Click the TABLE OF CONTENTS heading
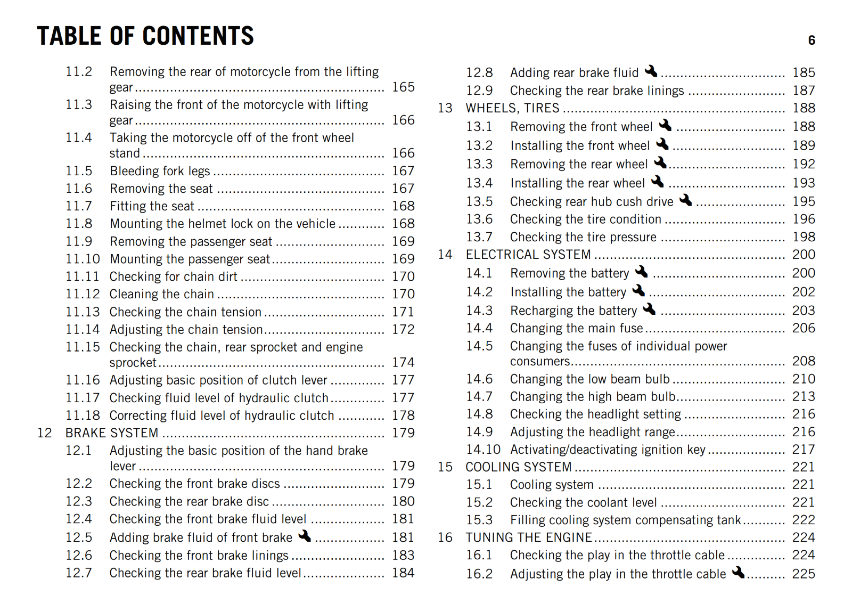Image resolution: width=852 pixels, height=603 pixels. [x=145, y=36]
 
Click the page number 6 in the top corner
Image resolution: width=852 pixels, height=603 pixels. [x=811, y=40]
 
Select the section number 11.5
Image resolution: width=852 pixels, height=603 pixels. [x=79, y=171]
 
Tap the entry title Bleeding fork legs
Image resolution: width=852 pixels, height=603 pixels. [x=160, y=171]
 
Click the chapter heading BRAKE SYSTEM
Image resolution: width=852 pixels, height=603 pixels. [x=112, y=433]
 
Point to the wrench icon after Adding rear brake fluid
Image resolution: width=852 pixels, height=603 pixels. [x=651, y=71]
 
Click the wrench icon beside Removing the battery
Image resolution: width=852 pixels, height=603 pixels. [x=642, y=272]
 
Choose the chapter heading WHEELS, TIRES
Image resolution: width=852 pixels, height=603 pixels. [x=512, y=108]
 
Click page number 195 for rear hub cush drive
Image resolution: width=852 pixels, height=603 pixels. [x=804, y=202]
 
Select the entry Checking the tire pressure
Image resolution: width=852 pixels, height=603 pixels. [x=583, y=237]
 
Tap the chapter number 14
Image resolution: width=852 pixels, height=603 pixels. [x=445, y=255]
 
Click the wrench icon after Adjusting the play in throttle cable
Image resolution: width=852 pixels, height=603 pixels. [x=738, y=573]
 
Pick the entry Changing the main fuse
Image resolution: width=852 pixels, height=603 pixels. [x=576, y=328]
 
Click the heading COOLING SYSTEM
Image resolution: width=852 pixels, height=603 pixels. [x=518, y=467]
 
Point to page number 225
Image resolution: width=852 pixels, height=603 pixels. [x=804, y=574]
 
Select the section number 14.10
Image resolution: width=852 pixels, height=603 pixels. [x=483, y=450]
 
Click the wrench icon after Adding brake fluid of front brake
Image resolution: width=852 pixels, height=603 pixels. [x=305, y=536]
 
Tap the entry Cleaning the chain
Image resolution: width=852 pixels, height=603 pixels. [x=161, y=294]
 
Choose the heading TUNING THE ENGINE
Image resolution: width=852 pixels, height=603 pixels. [x=528, y=537]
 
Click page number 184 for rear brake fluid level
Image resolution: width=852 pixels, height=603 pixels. [x=403, y=573]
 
